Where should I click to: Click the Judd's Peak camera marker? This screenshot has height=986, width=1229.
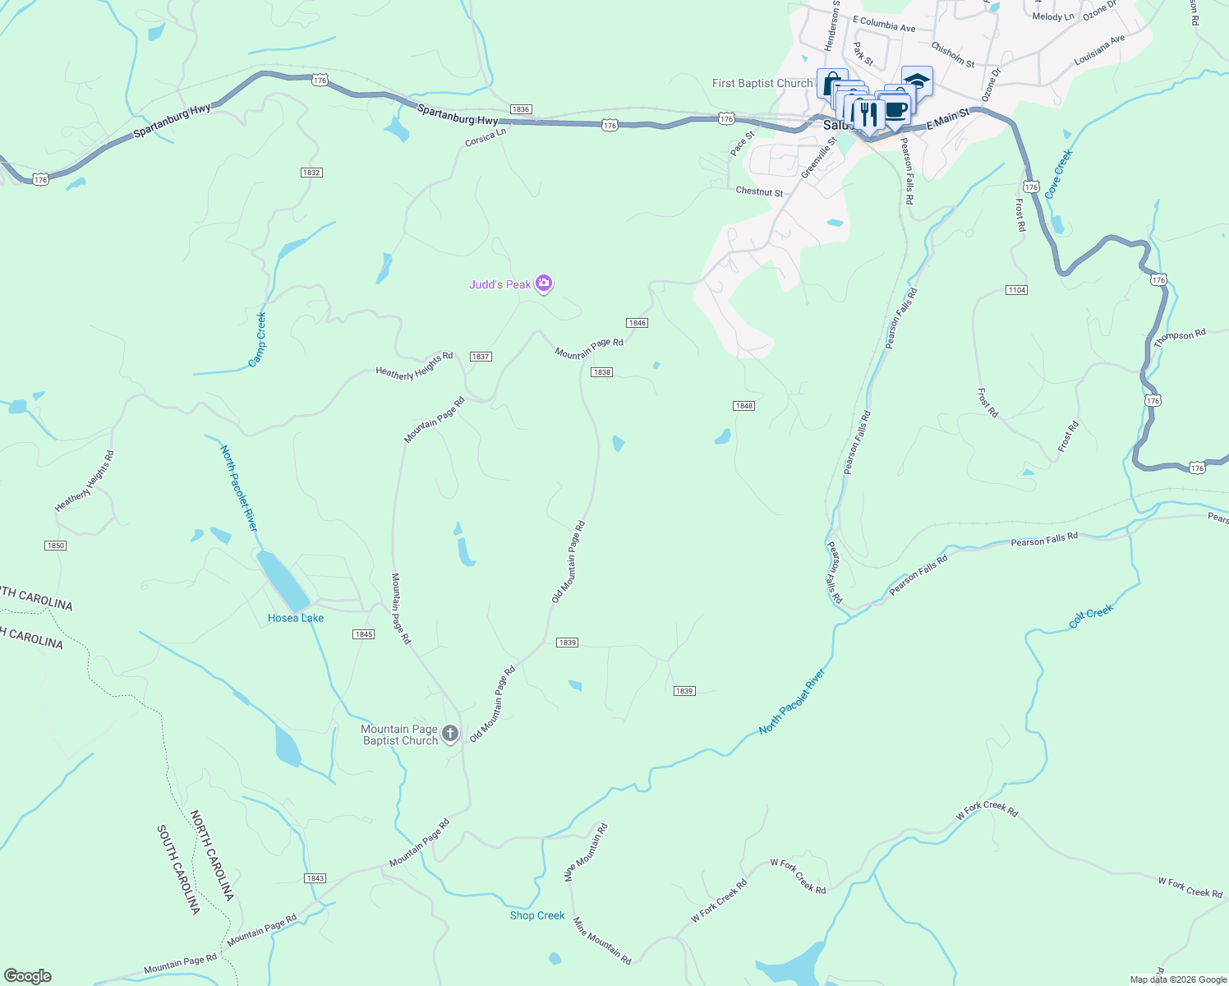(x=543, y=283)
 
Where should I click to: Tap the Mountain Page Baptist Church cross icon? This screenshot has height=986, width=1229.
(x=449, y=733)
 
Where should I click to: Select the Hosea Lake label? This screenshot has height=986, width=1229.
(x=296, y=618)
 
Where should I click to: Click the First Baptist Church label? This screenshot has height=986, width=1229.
(x=762, y=83)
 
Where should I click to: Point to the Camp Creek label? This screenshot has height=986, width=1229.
(x=258, y=339)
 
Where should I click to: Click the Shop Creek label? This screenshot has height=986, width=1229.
(x=537, y=915)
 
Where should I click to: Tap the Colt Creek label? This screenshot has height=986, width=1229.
(x=1091, y=617)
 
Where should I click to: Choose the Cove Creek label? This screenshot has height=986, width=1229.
(x=1058, y=173)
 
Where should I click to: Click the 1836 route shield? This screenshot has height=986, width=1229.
(x=520, y=109)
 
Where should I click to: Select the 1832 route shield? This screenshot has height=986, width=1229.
(x=311, y=173)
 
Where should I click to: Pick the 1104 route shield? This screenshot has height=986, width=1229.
(x=1016, y=290)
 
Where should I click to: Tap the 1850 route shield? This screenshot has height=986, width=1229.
(x=56, y=546)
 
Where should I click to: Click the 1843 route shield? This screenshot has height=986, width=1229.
(x=315, y=878)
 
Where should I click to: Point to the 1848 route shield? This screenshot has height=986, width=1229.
(x=743, y=406)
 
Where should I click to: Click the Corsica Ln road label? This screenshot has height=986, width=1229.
(x=486, y=138)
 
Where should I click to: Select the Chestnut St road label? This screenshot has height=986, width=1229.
(x=759, y=192)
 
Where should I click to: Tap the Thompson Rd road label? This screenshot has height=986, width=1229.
(x=1180, y=339)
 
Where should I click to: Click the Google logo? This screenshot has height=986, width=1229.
(x=28, y=976)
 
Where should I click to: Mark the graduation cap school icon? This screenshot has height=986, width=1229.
(x=917, y=81)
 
